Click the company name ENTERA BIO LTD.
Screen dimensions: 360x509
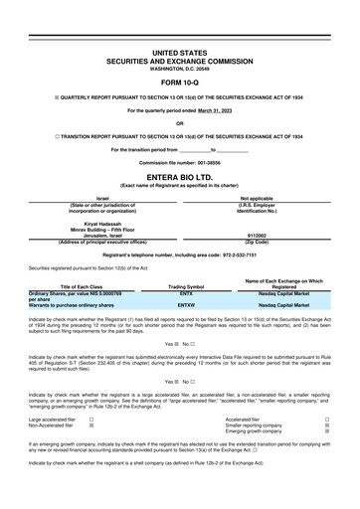point(180,177)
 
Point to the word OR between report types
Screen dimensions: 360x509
point(180,123)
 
